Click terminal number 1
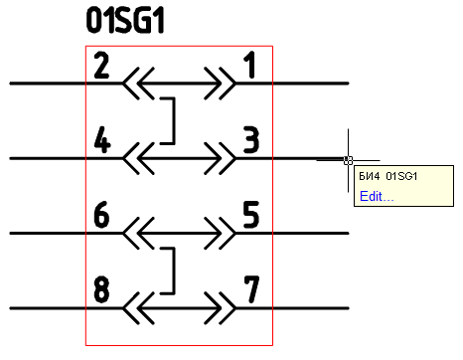coord(250,67)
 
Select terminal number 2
coord(101,67)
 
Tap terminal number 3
coord(250,141)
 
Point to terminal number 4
coord(101,141)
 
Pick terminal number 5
coord(250,216)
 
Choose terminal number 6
coord(101,216)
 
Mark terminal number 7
coord(250,291)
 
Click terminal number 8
coord(101,291)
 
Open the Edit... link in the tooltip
coord(377,196)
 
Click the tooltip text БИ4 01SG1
coord(386,177)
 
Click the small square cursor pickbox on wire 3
coord(347,159)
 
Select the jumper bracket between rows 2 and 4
coord(173,120)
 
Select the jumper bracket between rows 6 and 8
coord(173,270)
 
